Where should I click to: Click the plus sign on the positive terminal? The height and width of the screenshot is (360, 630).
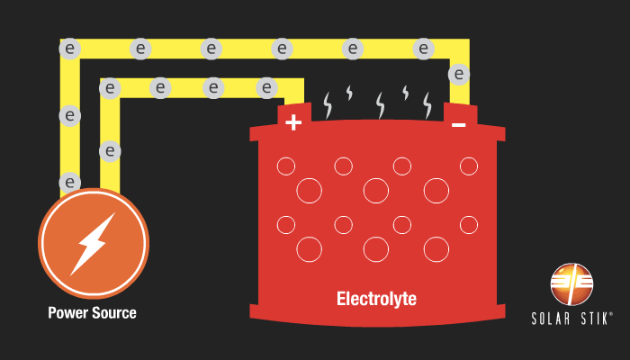tap(293, 122)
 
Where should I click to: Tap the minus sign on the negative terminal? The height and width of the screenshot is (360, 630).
tap(458, 123)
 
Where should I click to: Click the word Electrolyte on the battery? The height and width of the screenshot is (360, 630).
tap(376, 298)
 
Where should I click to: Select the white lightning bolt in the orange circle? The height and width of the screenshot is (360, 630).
tap(93, 243)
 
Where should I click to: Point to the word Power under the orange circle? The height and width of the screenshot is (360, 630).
tap(68, 313)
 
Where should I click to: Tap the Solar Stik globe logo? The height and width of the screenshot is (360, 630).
tap(572, 284)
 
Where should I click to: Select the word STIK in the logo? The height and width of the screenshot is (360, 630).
tap(595, 318)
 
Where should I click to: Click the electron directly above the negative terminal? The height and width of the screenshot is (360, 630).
tap(459, 74)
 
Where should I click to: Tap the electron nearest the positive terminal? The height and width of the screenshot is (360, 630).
tap(266, 87)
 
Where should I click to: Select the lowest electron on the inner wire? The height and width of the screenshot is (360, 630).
tap(110, 150)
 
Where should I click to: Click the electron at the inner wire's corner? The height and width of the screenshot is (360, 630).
tap(110, 87)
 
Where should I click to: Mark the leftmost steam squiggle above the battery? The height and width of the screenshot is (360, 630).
tap(327, 106)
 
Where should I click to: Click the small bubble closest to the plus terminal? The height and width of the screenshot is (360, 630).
tap(286, 166)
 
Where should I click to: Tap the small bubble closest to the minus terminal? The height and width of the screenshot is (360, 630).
tap(468, 166)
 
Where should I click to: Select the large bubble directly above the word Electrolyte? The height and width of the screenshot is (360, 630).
tap(375, 247)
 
